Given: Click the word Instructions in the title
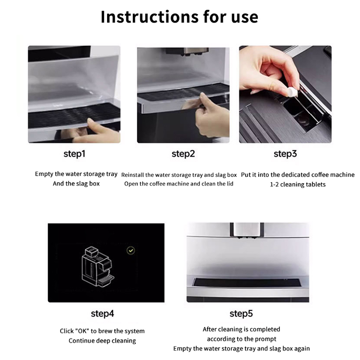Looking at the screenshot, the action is pos(149,17).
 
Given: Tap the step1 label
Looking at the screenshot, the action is pos(74,154).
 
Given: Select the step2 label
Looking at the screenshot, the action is pos(183,154).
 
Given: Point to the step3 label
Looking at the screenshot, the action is pos(285,154).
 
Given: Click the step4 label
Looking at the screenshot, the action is pos(103,314).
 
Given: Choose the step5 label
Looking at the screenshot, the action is pos(241,314).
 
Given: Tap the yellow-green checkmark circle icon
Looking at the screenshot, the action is pos(131,251).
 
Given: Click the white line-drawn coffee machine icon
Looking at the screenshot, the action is pos(98,267).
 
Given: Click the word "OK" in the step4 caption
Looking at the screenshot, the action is pos(82,331).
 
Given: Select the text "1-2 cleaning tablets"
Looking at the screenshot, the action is pos(297,184).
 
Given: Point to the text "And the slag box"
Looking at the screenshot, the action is pos(76,184).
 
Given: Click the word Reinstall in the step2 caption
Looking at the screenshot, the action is pos(132,175).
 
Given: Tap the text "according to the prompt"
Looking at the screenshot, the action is pos(242,339).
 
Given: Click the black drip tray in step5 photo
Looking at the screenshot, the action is pos(247,283).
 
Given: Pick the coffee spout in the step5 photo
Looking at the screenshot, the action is pos(247,230).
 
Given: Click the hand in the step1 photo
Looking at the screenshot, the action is pos(96,132).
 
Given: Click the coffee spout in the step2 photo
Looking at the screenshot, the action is pos(187,52).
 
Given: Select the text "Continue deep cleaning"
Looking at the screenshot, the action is pos(102,341).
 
